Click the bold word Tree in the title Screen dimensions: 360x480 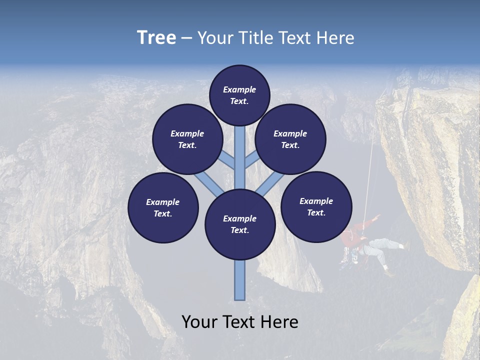(x=156, y=37)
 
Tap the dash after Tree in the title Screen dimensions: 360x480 (x=186, y=38)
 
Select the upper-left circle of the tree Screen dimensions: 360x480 (x=187, y=139)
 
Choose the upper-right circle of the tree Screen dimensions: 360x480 (x=290, y=139)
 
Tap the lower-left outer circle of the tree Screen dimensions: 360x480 (x=163, y=207)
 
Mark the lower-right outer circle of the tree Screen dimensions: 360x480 (x=316, y=206)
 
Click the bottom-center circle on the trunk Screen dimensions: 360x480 (x=240, y=224)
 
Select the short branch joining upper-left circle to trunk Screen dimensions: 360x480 (x=227, y=161)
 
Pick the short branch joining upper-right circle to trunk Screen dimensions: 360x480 (x=252, y=160)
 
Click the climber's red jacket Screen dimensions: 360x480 (x=355, y=235)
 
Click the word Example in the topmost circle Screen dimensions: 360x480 (x=239, y=89)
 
